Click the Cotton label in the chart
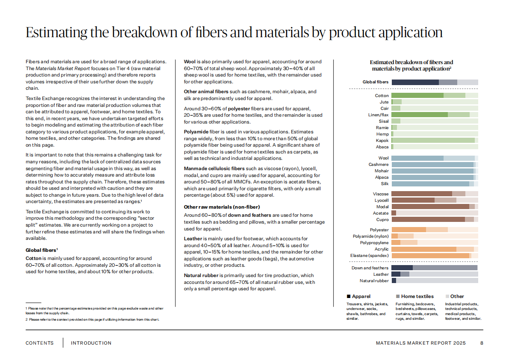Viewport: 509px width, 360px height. point(382,95)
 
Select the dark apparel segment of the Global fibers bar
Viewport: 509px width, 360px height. point(415,82)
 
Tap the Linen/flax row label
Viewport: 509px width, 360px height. point(379,115)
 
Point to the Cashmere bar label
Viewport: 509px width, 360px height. point(379,165)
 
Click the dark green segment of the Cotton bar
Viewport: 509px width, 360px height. point(417,95)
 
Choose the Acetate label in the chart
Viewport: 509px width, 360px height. point(381,213)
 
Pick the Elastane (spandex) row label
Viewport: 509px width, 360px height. point(370,256)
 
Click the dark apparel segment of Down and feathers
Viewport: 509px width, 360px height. point(402,268)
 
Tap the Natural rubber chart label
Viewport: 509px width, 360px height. point(374,281)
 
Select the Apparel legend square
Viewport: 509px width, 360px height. point(349,296)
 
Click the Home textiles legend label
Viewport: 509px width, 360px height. point(417,296)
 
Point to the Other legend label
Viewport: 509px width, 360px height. point(457,296)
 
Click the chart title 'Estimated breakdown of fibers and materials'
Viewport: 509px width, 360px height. point(411,65)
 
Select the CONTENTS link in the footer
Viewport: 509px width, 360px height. point(40,343)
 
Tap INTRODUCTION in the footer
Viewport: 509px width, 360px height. point(91,343)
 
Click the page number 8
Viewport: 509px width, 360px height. point(482,343)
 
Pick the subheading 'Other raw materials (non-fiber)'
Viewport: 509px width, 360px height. point(222,207)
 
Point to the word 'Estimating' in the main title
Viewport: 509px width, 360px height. point(56,33)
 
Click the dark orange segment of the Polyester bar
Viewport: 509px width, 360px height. point(408,230)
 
